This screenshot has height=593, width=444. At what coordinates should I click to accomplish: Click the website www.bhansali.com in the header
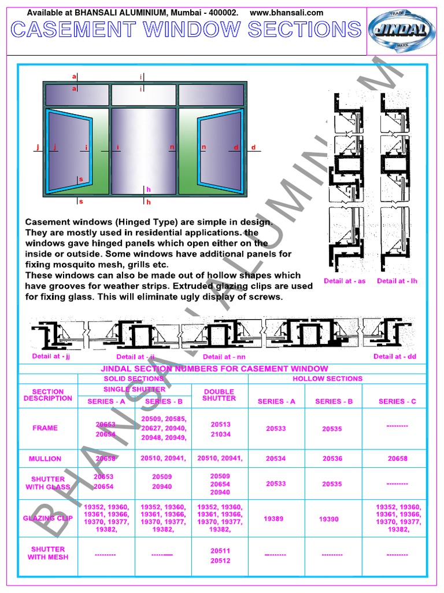[287, 13]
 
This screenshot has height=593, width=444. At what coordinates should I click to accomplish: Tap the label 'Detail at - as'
[345, 281]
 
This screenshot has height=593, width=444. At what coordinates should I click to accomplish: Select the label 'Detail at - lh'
[397, 281]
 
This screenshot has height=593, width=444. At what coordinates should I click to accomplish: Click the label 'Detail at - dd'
[395, 356]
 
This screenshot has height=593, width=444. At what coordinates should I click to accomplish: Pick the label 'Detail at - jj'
[51, 356]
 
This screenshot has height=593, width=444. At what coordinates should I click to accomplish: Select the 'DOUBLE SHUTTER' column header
[220, 395]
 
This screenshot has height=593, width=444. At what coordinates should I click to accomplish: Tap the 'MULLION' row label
[45, 459]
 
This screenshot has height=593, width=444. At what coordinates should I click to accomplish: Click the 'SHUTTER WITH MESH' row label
[48, 553]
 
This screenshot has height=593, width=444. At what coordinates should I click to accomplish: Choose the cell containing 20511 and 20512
[220, 556]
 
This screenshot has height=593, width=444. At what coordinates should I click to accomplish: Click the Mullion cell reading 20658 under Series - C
[397, 459]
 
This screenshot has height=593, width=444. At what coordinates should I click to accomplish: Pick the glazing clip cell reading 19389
[273, 519]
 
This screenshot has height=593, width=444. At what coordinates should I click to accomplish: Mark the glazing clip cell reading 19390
[329, 519]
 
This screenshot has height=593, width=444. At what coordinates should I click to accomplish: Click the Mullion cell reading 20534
[276, 459]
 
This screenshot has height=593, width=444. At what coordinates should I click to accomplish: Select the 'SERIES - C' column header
[397, 401]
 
